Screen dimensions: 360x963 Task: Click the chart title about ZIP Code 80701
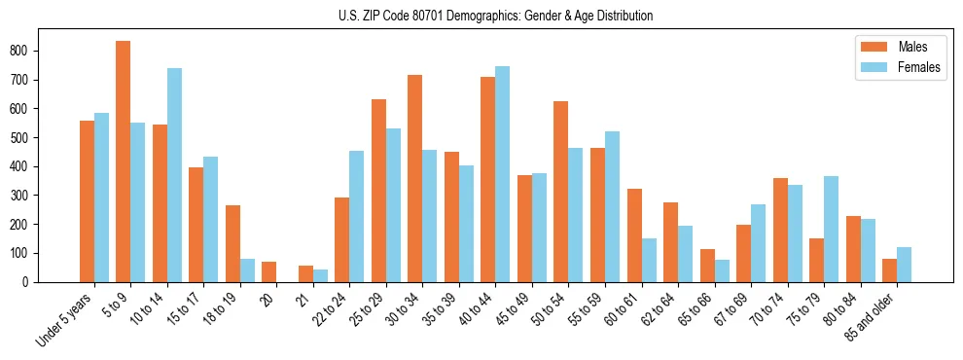[x=481, y=16]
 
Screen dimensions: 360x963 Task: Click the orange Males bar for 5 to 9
[x=124, y=162]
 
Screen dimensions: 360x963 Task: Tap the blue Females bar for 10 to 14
[x=174, y=175]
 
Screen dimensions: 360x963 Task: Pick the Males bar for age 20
[x=269, y=271]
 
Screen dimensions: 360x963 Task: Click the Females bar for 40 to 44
[x=503, y=174]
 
